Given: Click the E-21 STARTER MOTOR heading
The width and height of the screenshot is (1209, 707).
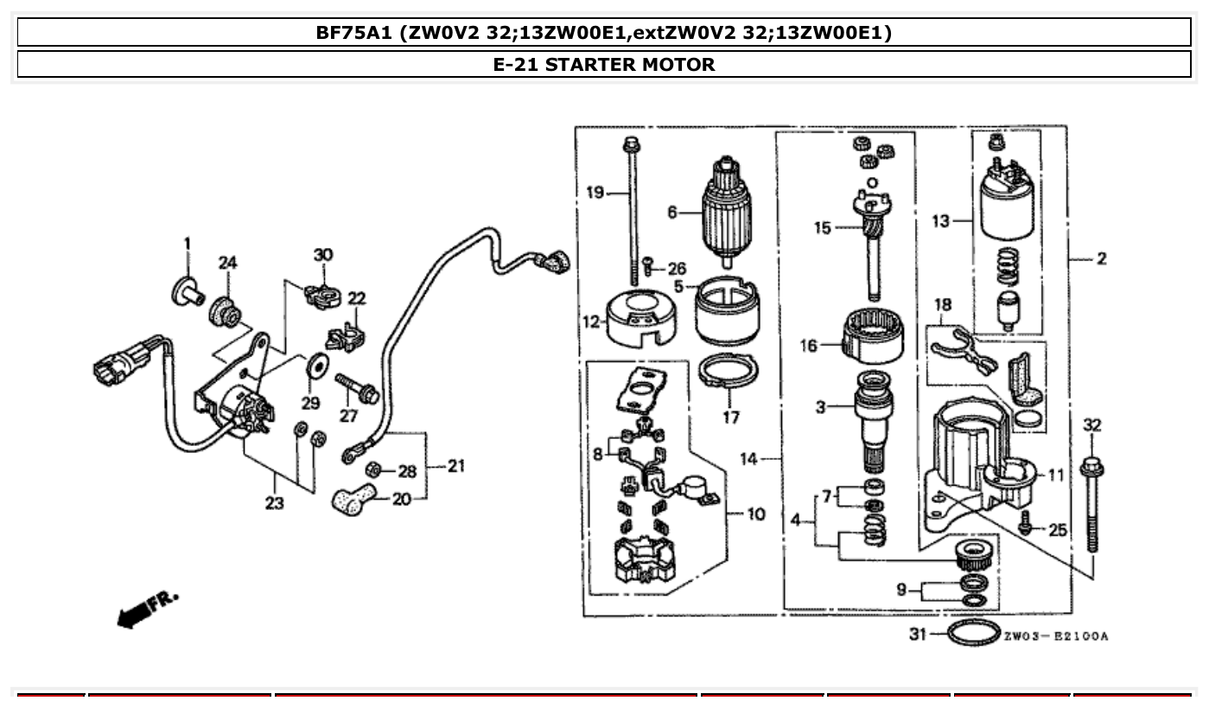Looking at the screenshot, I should pyautogui.click(x=603, y=65).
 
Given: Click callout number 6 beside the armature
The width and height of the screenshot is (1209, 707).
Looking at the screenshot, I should pyautogui.click(x=671, y=213).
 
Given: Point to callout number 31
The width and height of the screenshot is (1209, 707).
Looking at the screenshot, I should pyautogui.click(x=918, y=634).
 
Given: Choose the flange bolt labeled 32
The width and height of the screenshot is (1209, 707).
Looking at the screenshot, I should pyautogui.click(x=1092, y=501).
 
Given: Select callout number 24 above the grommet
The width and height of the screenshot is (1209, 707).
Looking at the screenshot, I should pyautogui.click(x=226, y=263).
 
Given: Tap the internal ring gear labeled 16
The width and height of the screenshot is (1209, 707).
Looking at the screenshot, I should pyautogui.click(x=875, y=338).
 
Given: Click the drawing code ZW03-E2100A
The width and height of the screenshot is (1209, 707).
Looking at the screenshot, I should pyautogui.click(x=1055, y=637).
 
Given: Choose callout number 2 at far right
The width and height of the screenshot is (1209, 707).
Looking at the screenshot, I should pyautogui.click(x=1101, y=258).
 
